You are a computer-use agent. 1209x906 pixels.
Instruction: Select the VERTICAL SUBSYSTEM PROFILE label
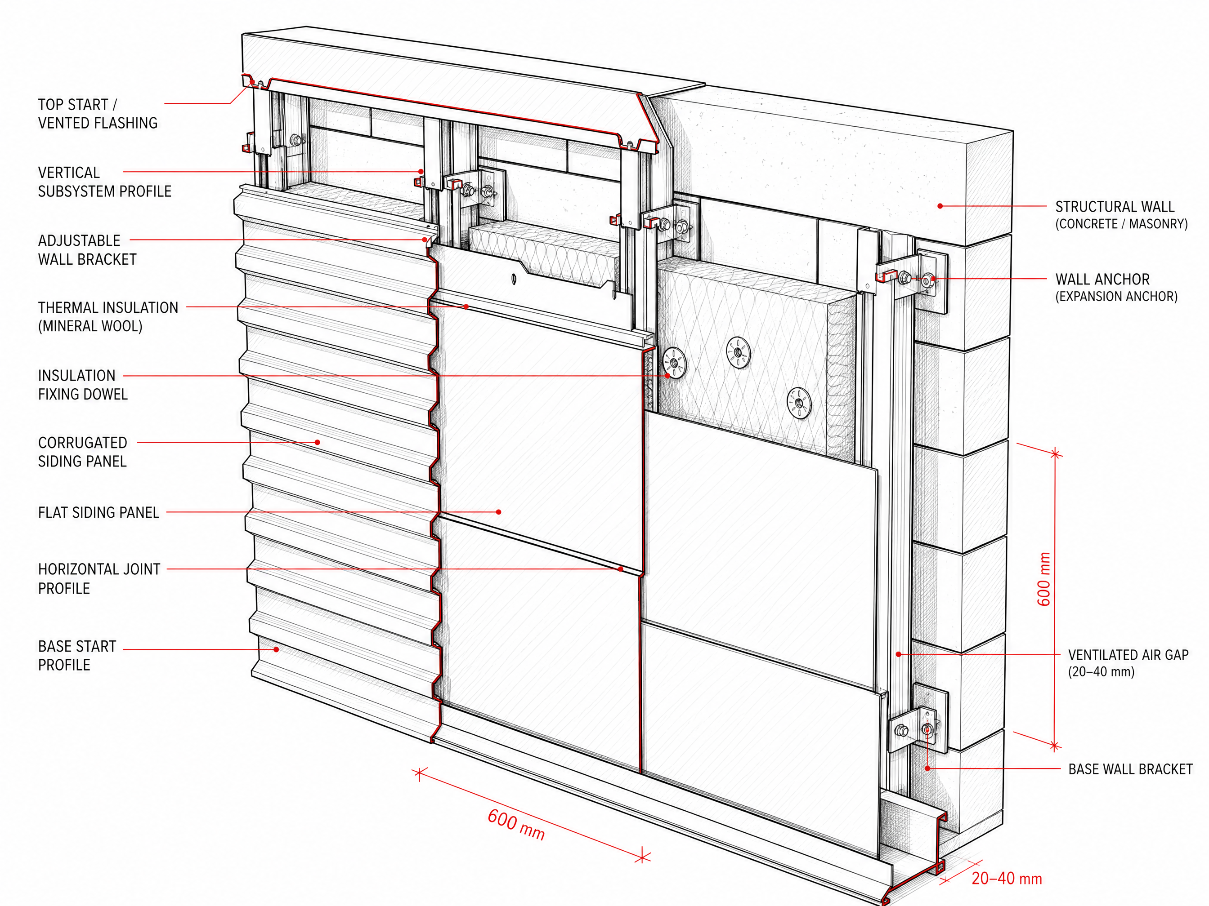point(104,182)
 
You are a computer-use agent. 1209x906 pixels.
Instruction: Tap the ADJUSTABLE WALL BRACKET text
point(87,250)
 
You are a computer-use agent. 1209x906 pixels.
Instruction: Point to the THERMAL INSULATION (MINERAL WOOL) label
point(107,317)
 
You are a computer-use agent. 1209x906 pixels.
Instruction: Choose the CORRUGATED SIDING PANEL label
point(82,452)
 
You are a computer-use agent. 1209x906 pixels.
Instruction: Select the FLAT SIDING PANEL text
point(99,512)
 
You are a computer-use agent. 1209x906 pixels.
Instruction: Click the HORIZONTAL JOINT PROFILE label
point(99,579)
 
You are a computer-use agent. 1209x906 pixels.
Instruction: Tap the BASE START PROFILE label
point(77,656)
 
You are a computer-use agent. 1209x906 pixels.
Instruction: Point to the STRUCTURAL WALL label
point(1121,215)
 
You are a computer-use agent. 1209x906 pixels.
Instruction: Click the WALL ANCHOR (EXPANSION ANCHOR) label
point(1116,288)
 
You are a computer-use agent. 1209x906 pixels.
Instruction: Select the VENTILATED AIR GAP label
point(1128,663)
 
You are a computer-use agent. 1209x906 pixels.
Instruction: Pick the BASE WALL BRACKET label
point(1130,769)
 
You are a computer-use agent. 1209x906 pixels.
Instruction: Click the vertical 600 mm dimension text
point(1044,579)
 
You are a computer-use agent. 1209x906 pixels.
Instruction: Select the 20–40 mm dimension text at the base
point(1007,879)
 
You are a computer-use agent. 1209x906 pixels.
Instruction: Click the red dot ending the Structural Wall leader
point(940,206)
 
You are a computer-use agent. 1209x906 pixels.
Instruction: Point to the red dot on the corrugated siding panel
point(318,442)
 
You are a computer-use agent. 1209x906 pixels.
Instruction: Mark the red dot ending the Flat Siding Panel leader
point(498,512)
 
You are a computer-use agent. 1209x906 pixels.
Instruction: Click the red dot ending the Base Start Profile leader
point(277,649)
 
